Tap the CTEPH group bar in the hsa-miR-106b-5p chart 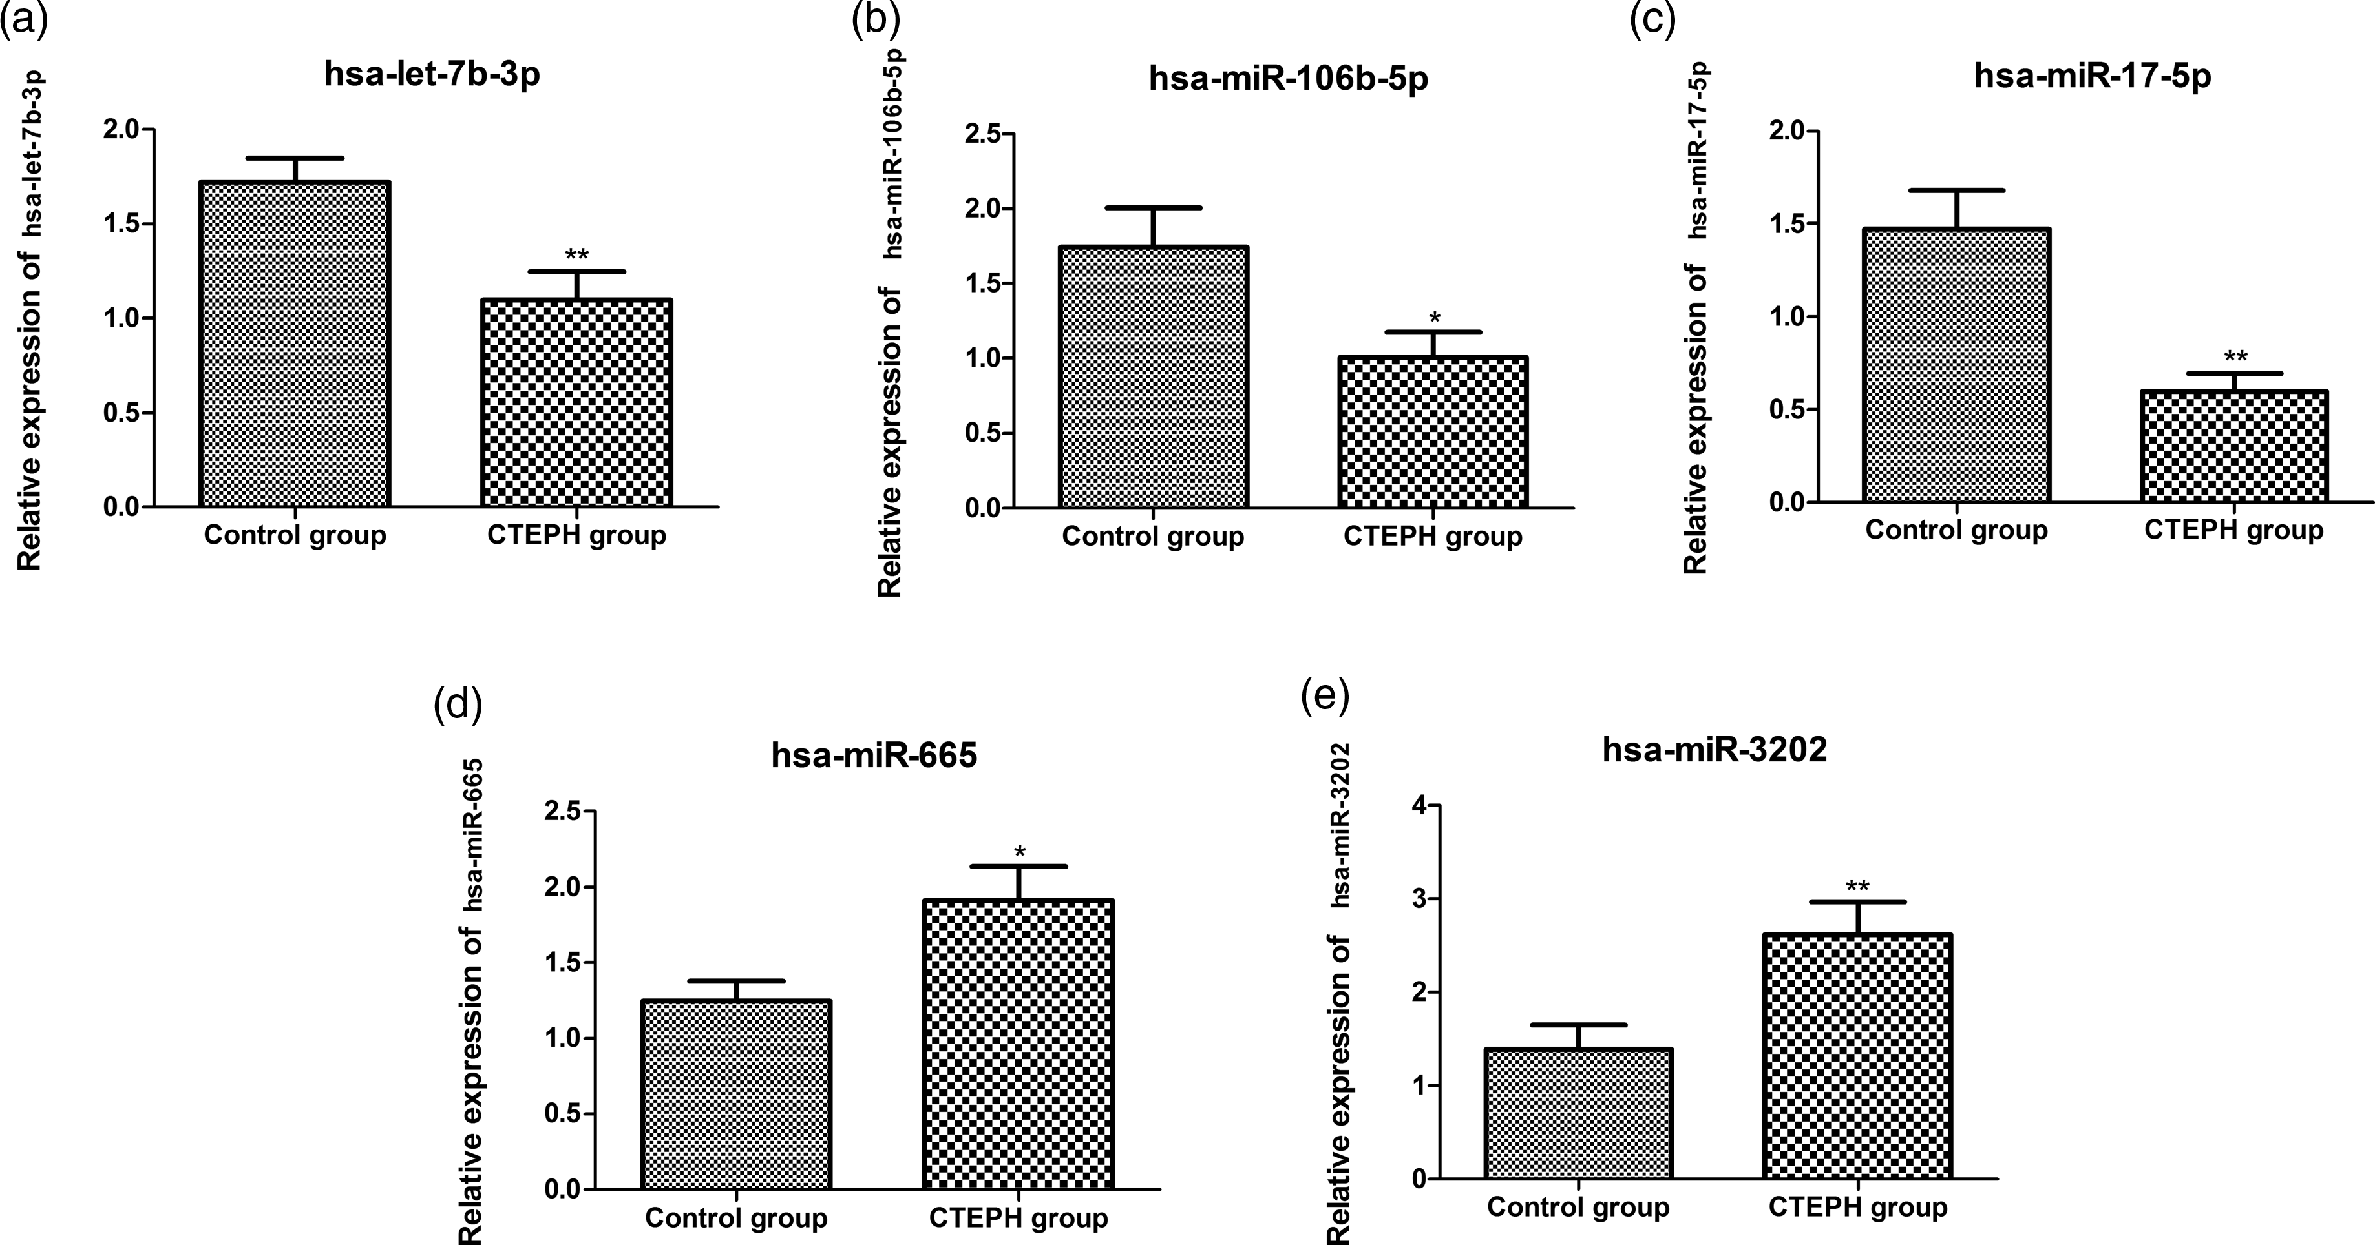[1433, 432]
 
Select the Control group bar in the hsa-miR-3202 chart [1578, 1113]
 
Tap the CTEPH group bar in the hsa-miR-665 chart [1019, 1044]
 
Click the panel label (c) [1652, 19]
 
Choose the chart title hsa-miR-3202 [1715, 750]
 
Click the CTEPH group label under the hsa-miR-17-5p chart [2233, 531]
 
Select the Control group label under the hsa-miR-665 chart [735, 1219]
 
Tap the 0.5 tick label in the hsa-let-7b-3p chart [123, 413]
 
